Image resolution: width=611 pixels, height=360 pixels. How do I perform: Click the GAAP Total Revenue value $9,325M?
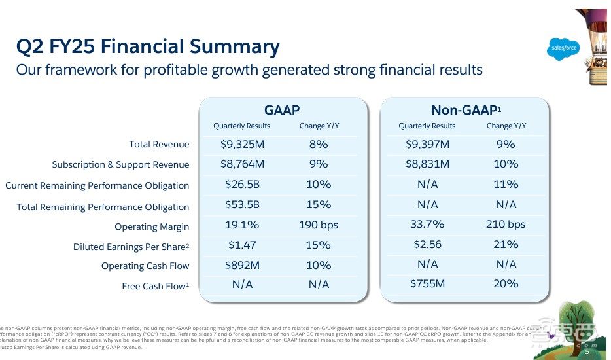pyautogui.click(x=242, y=144)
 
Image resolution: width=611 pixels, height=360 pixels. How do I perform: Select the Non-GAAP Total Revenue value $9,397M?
pyautogui.click(x=427, y=144)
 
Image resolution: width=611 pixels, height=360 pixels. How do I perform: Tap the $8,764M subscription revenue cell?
pyautogui.click(x=242, y=164)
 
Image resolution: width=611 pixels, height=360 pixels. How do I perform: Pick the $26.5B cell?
pyautogui.click(x=242, y=185)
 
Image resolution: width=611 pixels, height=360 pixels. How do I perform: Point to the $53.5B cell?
pyautogui.click(x=242, y=205)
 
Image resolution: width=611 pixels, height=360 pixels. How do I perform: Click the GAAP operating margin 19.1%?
pyautogui.click(x=242, y=225)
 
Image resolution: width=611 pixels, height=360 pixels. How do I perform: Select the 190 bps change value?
pyautogui.click(x=319, y=225)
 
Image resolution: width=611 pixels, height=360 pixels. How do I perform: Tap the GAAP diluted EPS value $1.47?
pyautogui.click(x=242, y=245)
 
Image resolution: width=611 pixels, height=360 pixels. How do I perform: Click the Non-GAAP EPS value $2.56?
pyautogui.click(x=427, y=245)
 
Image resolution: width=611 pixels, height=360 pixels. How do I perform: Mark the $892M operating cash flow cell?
pyautogui.click(x=242, y=265)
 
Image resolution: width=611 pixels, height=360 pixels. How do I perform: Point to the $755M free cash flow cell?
pyautogui.click(x=427, y=284)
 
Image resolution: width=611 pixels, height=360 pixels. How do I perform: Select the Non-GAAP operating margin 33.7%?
pyautogui.click(x=427, y=225)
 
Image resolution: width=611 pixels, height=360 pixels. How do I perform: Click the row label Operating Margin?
pyautogui.click(x=152, y=226)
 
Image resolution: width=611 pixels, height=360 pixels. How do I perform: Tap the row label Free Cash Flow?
pyautogui.click(x=155, y=286)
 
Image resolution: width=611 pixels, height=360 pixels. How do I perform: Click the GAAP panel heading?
pyautogui.click(x=282, y=111)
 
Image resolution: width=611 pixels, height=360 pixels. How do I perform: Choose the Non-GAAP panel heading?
pyautogui.click(x=466, y=111)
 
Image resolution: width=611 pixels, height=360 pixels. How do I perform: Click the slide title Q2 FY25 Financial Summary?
pyautogui.click(x=148, y=46)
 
